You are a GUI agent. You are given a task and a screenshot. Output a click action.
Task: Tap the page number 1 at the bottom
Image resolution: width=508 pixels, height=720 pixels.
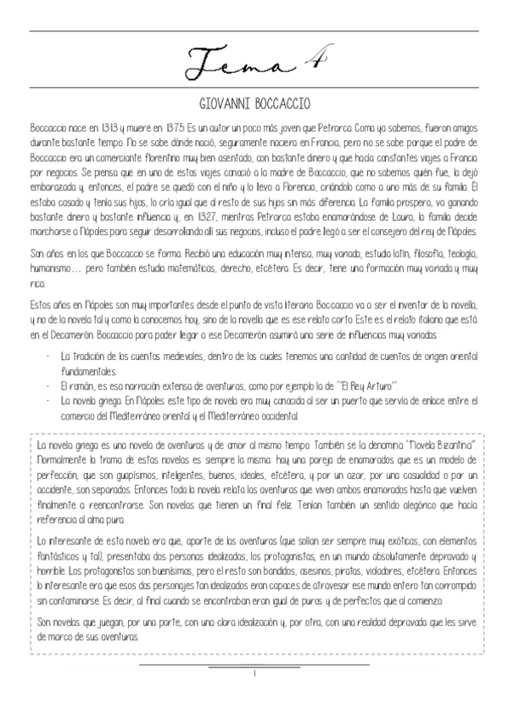point(254,672)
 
